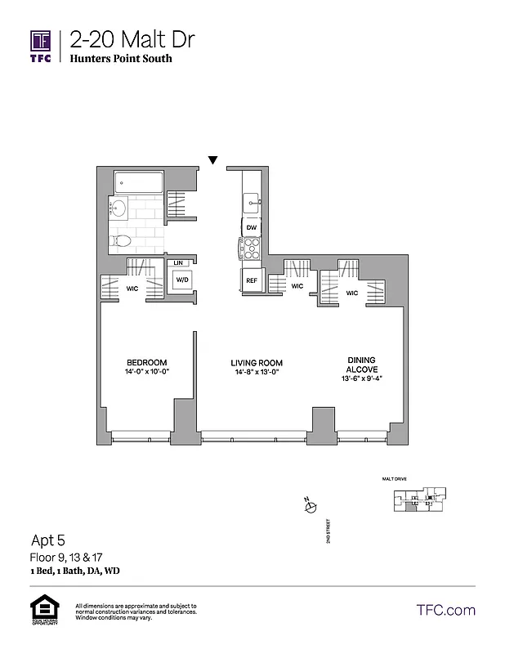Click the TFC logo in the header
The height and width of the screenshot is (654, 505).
pos(41,47)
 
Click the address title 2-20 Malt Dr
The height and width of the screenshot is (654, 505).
pos(132,39)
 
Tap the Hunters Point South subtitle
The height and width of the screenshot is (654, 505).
pos(121,59)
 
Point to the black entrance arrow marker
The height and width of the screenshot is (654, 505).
pos(213,160)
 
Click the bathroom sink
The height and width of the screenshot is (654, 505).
pos(117,208)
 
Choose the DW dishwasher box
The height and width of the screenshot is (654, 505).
pos(251,227)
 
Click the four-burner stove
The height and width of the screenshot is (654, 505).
pos(250,248)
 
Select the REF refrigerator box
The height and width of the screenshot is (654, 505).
pos(251,280)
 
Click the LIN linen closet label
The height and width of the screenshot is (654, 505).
pos(178,262)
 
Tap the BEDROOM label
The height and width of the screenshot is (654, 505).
pos(147,363)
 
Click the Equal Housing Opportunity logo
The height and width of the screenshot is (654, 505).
pos(42,610)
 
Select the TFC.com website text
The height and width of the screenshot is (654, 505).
pos(445,610)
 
